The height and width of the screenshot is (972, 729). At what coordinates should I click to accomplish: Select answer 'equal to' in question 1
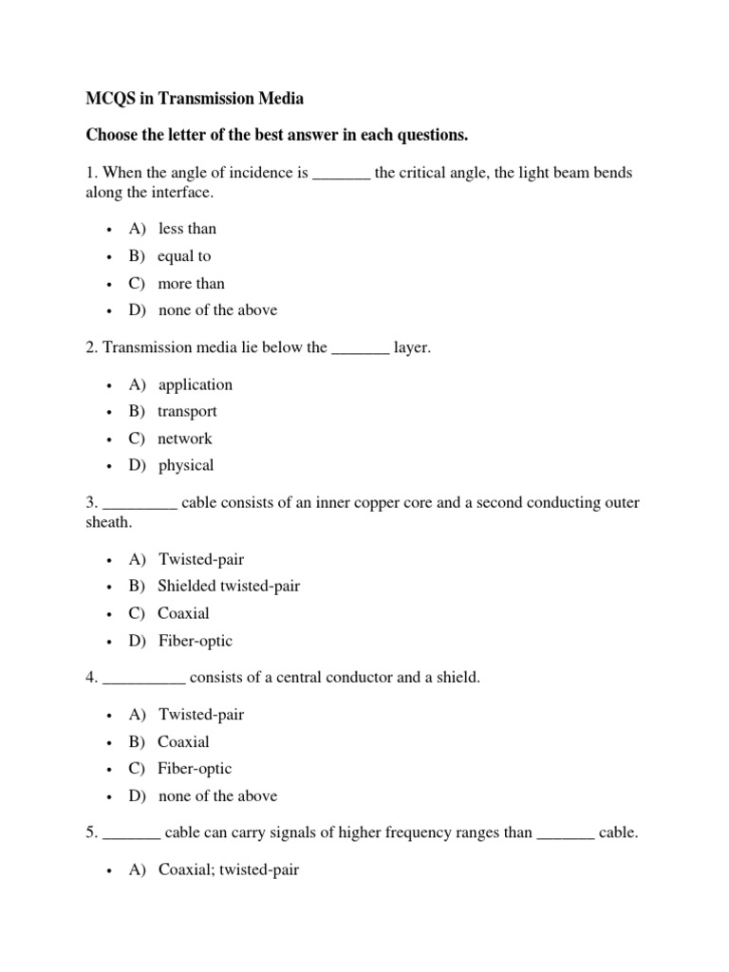184,256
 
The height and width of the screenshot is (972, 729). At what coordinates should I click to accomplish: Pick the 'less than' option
187,229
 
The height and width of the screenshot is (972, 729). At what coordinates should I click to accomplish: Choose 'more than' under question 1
191,284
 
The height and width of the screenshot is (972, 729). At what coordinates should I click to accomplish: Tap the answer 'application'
195,384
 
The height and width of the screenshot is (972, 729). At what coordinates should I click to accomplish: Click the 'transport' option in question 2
187,412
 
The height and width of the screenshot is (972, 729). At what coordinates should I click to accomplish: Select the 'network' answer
185,439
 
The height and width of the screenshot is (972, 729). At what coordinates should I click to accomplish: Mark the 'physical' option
186,466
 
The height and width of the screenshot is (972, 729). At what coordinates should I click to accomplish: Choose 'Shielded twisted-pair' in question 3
229,587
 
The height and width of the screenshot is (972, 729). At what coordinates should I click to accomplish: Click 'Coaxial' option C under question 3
183,613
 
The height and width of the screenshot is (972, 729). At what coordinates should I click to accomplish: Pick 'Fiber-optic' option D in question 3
195,641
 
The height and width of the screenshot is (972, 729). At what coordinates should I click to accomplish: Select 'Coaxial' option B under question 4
183,742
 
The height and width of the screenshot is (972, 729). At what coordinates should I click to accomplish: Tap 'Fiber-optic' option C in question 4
195,769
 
